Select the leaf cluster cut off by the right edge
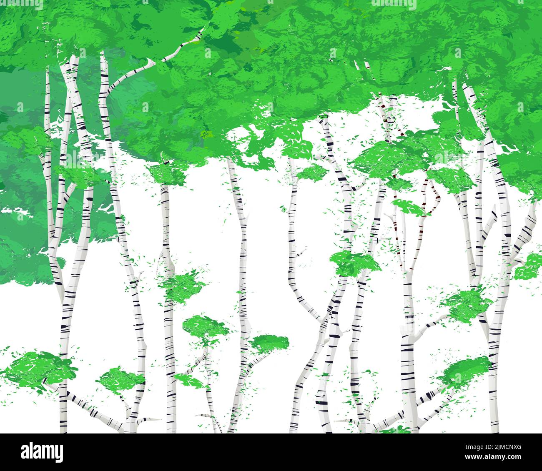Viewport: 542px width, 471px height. click(x=529, y=267)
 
